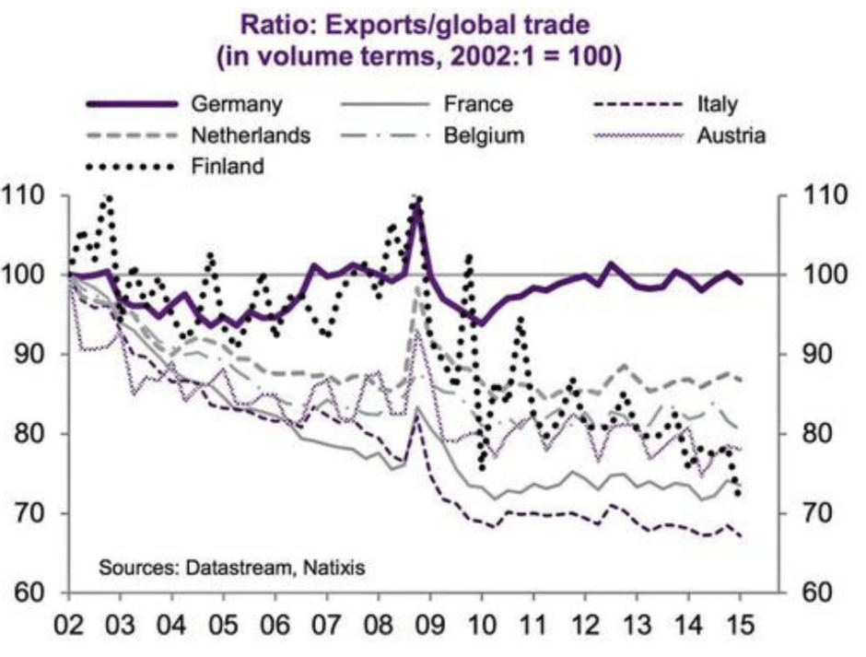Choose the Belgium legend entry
(484, 135)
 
